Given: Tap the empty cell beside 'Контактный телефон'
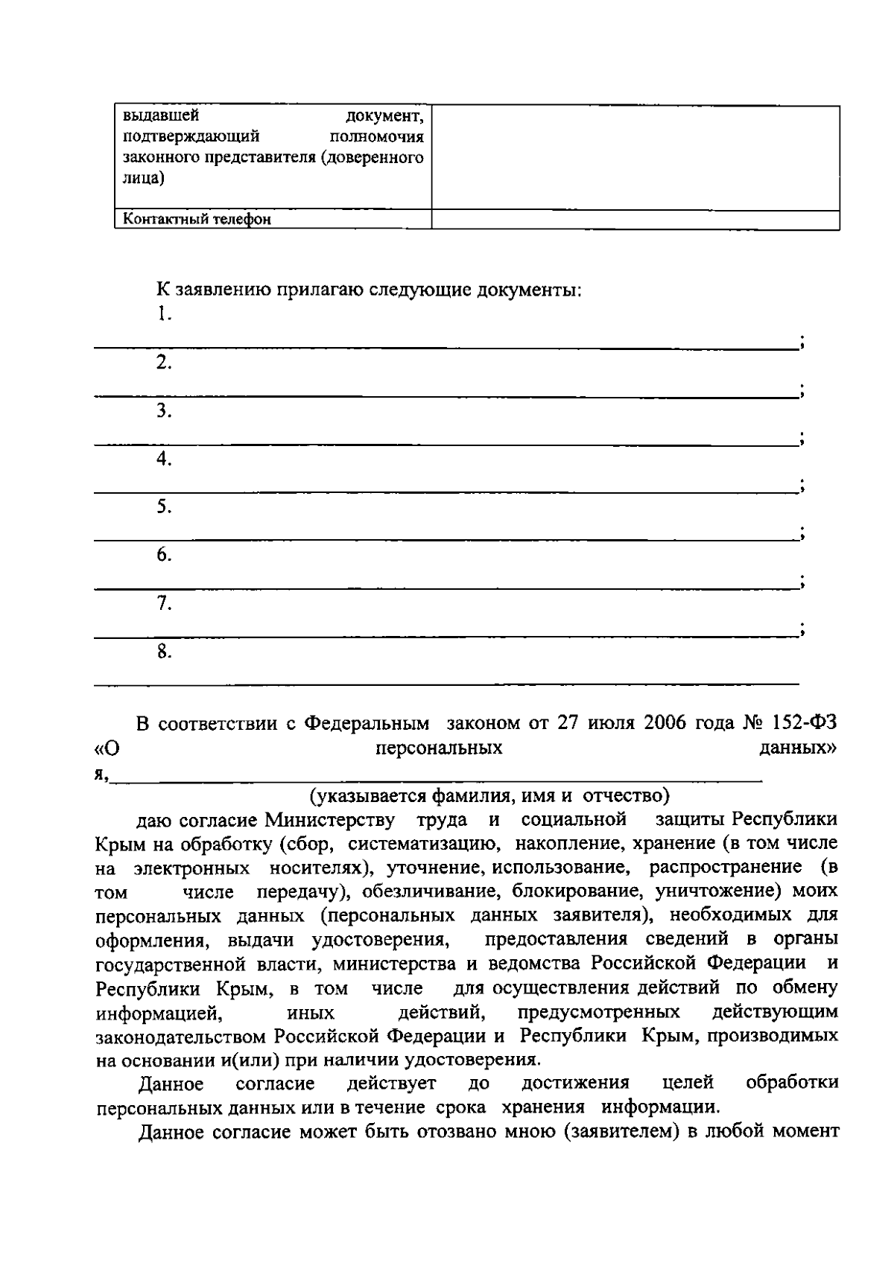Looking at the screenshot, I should coord(635,219).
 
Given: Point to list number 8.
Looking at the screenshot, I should coord(164,652).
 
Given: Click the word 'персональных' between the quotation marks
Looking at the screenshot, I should coord(439,748).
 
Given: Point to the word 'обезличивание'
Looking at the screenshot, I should coord(443,891).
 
